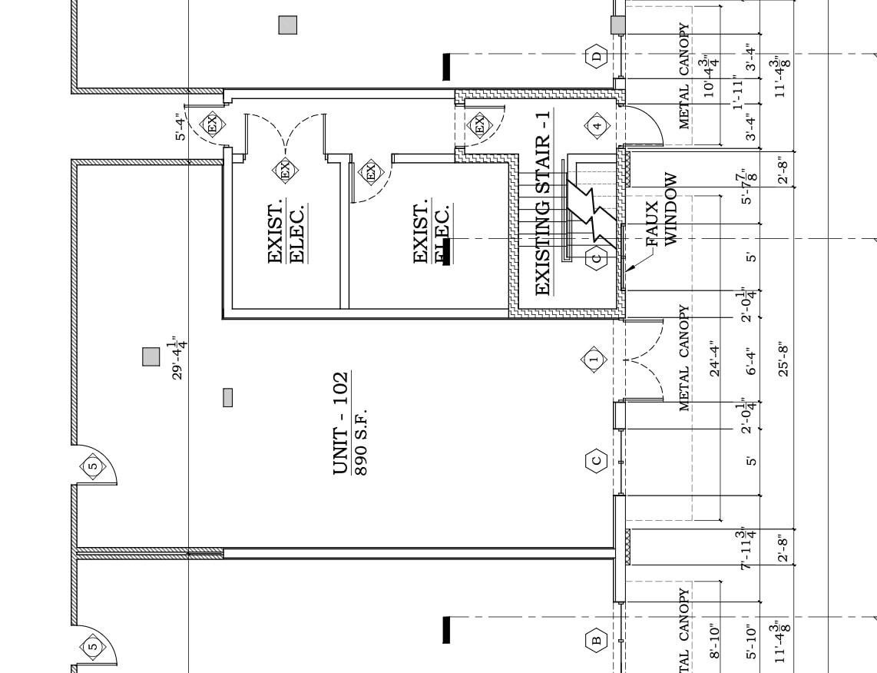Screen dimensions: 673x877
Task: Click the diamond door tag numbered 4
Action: [x=597, y=125]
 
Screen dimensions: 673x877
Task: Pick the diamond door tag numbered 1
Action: [x=593, y=359]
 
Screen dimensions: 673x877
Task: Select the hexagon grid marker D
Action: [x=597, y=55]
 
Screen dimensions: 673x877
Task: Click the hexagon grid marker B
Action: [x=596, y=639]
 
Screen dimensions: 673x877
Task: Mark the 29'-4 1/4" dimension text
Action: [x=178, y=356]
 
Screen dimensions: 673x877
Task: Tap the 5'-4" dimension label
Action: [x=180, y=127]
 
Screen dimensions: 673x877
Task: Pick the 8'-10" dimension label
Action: [x=716, y=641]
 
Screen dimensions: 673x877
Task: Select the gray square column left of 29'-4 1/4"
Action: [x=151, y=356]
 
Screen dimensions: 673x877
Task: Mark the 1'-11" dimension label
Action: [x=739, y=92]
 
